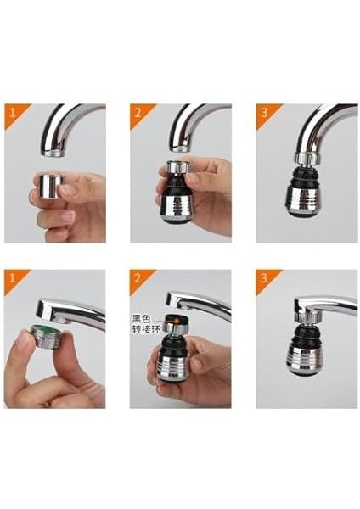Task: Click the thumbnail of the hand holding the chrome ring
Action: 55,173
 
